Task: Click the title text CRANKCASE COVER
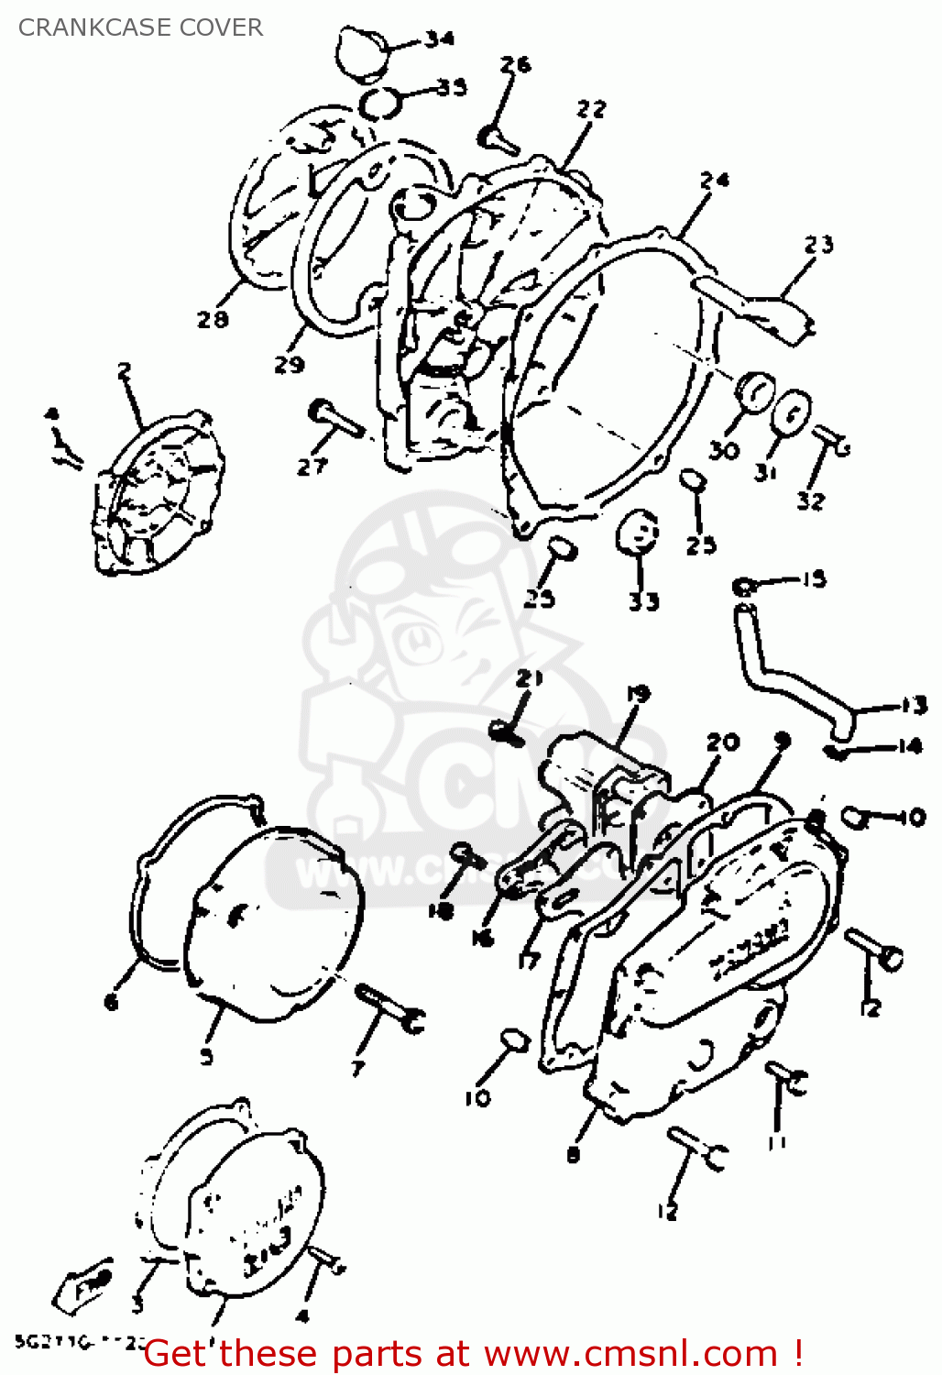140,27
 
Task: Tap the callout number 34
439,38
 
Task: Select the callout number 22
591,109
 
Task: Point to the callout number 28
212,319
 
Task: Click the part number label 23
818,244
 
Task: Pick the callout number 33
643,601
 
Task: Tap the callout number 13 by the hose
914,705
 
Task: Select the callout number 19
638,694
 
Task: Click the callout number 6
111,1002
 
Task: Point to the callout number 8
574,1155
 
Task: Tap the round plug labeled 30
755,394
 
